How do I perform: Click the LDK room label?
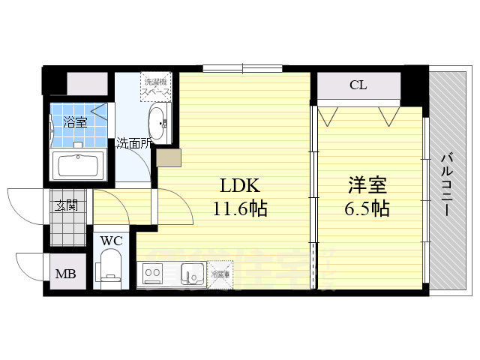pyautogui.click(x=235, y=185)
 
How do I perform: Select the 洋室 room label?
pyautogui.click(x=367, y=185)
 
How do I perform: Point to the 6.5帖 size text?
pyautogui.click(x=367, y=208)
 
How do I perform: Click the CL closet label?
pyautogui.click(x=358, y=85)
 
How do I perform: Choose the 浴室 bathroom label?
pyautogui.click(x=74, y=122)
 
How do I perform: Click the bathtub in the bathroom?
pyautogui.click(x=78, y=164)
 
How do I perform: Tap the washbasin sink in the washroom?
pyautogui.click(x=158, y=121)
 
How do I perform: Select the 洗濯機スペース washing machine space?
pyautogui.click(x=157, y=87)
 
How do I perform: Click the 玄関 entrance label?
pyautogui.click(x=65, y=204)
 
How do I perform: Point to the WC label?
pyautogui.click(x=112, y=241)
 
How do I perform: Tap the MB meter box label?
pyautogui.click(x=64, y=273)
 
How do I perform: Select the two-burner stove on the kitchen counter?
pyautogui.click(x=154, y=274)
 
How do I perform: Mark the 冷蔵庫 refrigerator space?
pyautogui.click(x=220, y=274)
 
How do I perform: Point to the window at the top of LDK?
pyautogui.click(x=242, y=69)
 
